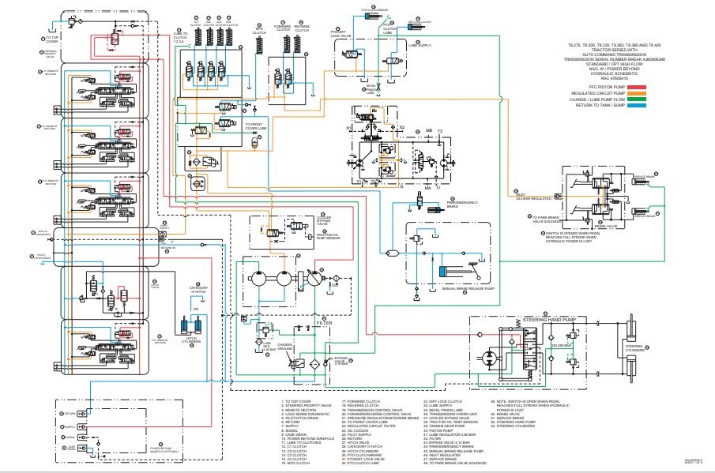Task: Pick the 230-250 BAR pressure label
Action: pyautogui.click(x=562, y=345)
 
